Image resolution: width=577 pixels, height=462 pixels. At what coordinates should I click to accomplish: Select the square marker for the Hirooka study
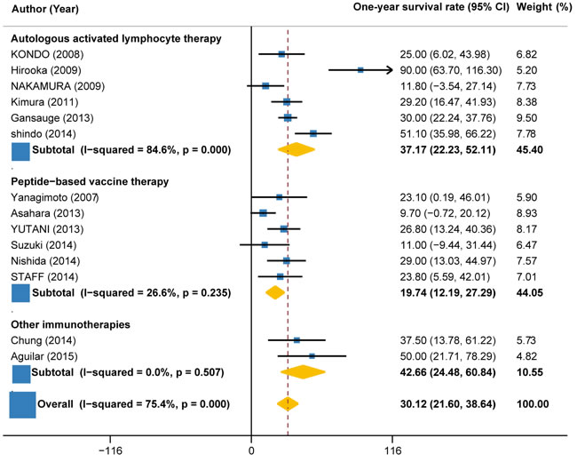pos(360,69)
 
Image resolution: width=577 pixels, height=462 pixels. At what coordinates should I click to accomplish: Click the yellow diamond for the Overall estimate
pos(288,403)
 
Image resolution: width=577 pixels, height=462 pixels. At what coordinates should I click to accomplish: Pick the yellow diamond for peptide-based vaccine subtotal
pos(275,290)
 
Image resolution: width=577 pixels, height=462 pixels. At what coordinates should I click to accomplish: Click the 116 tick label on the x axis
pos(391,450)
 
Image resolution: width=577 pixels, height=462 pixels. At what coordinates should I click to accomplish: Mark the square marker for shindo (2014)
pos(313,133)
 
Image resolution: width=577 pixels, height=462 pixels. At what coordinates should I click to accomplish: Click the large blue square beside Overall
pos(22,404)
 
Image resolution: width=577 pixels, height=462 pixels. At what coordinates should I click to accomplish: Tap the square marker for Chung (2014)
pos(296,339)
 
